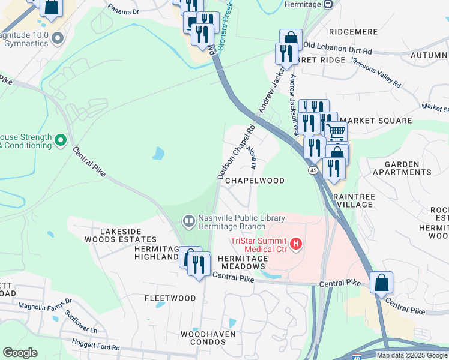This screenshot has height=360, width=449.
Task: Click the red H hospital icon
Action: [295, 244]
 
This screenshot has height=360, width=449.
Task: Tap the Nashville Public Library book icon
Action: [189, 221]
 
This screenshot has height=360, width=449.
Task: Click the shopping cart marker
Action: [336, 131]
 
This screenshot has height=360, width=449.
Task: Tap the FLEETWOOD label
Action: [170, 298]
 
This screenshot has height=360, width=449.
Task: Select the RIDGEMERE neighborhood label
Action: [353, 31]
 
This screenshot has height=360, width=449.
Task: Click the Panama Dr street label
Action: [124, 9]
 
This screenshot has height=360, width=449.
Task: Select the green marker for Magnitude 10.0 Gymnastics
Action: [58, 39]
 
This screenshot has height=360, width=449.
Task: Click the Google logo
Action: [20, 353]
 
